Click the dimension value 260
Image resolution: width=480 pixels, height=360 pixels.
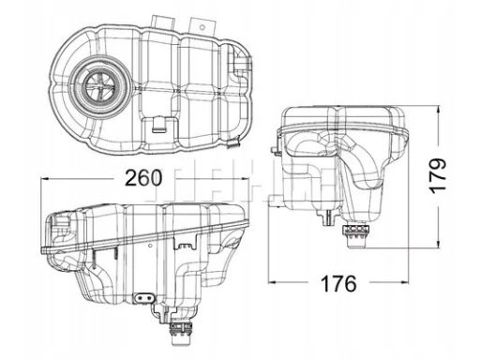(143, 178)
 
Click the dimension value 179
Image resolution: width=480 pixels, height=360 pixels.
(439, 176)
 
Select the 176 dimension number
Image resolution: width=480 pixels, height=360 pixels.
(338, 283)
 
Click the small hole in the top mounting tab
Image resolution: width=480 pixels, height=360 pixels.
(202, 27)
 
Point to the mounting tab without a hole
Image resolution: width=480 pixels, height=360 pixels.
(163, 22)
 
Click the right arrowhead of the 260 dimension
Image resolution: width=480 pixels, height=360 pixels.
(245, 178)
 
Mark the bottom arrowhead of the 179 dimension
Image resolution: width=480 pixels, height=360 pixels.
(440, 244)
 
